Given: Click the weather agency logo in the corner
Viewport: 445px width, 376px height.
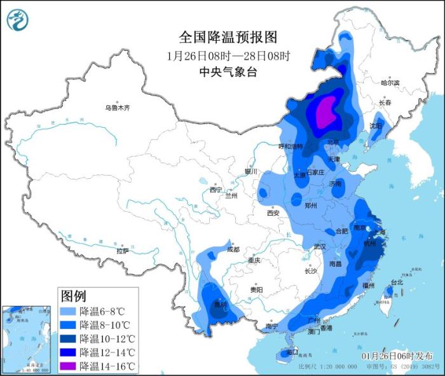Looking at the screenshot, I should (18, 20).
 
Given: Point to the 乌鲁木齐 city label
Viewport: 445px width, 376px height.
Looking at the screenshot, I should (117, 108).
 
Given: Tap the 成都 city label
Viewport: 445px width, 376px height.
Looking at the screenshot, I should (233, 249).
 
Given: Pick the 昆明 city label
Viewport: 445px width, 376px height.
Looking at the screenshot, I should (219, 304).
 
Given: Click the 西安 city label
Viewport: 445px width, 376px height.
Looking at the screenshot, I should (273, 213).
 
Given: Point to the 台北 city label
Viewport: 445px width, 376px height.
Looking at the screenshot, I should (396, 282).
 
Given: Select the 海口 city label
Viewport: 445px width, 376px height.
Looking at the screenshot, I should (292, 352).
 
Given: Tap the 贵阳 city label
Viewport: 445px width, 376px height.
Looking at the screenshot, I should (257, 289).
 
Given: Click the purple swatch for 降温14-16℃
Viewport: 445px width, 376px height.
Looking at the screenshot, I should (68, 366).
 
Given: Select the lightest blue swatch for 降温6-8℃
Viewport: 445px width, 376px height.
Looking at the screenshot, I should (68, 312).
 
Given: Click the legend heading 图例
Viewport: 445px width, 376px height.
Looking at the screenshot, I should (73, 295).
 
